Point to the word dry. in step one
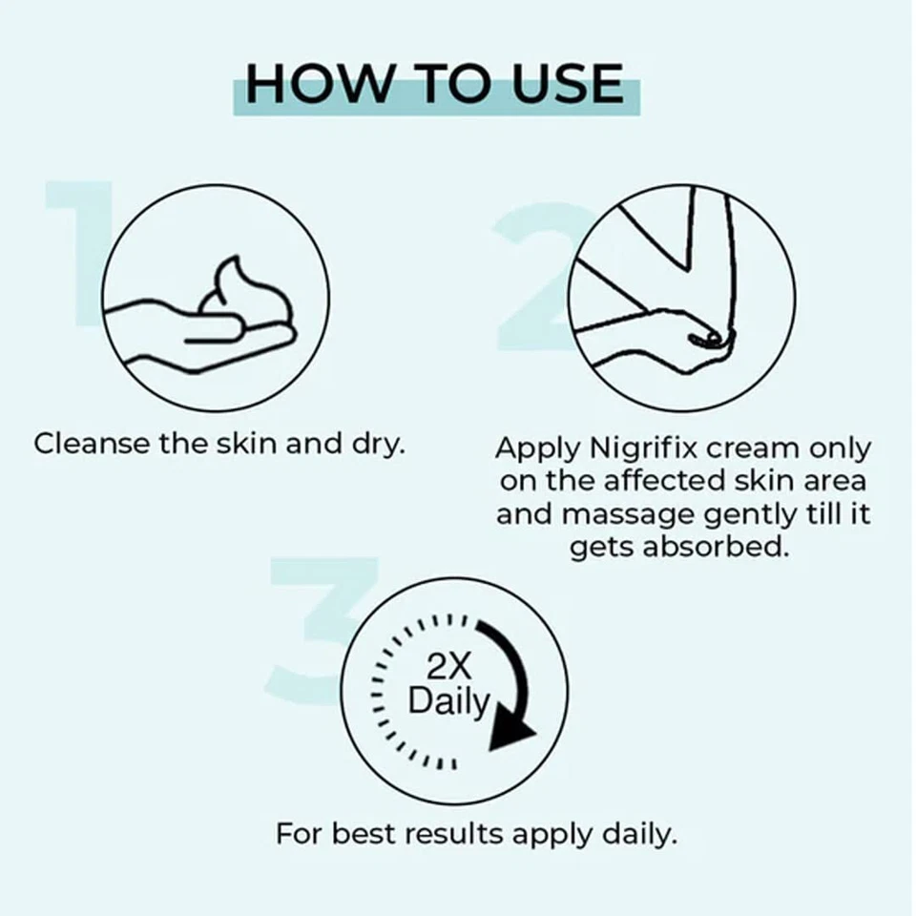(x=380, y=446)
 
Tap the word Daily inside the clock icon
(x=448, y=702)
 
